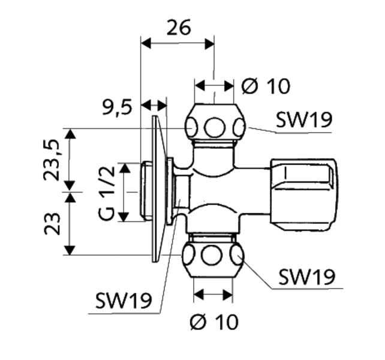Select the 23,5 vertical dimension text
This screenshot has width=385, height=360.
tap(53, 160)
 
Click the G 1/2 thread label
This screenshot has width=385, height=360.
tap(107, 193)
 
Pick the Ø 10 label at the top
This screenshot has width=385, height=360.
tap(266, 87)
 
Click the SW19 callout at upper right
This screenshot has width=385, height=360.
tap(303, 121)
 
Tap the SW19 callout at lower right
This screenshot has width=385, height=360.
tap(306, 277)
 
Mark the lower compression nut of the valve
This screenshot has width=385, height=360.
tap(213, 256)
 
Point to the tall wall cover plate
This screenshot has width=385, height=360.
tap(157, 188)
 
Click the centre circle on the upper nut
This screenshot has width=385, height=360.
tap(214, 128)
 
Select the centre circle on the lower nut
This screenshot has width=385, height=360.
tap(212, 256)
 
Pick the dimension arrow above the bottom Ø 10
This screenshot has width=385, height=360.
tap(213, 294)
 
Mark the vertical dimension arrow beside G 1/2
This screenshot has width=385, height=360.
tap(125, 192)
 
